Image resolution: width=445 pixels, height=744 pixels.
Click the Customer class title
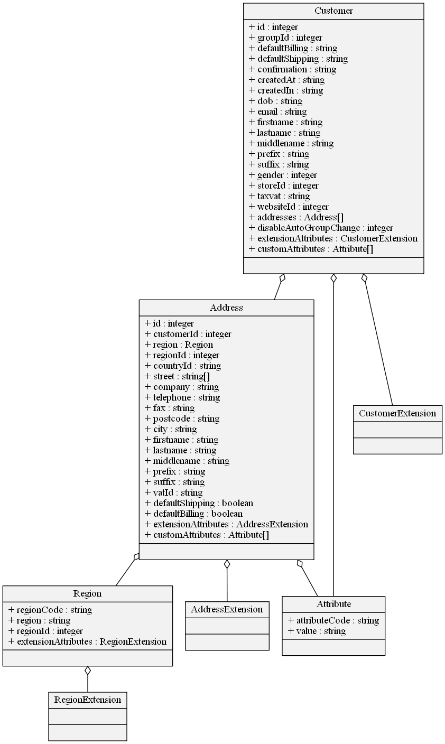[x=333, y=11]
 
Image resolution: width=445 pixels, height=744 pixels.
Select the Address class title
[x=226, y=308]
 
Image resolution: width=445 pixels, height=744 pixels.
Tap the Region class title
[x=88, y=593]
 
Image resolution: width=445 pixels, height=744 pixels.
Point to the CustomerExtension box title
[x=397, y=413]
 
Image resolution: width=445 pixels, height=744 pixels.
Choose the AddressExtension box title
[x=227, y=609]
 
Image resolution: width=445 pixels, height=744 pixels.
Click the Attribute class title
[x=333, y=604]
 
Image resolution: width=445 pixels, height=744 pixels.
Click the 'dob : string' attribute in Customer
[x=275, y=101]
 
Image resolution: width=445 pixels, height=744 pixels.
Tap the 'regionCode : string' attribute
[x=50, y=610]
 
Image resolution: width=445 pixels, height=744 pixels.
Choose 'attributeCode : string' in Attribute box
[x=333, y=620]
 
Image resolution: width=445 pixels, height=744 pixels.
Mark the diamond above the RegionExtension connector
[x=88, y=671]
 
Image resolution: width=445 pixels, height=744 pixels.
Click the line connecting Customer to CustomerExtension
[x=378, y=343]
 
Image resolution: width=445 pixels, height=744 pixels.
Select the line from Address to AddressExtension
[x=227, y=584]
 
